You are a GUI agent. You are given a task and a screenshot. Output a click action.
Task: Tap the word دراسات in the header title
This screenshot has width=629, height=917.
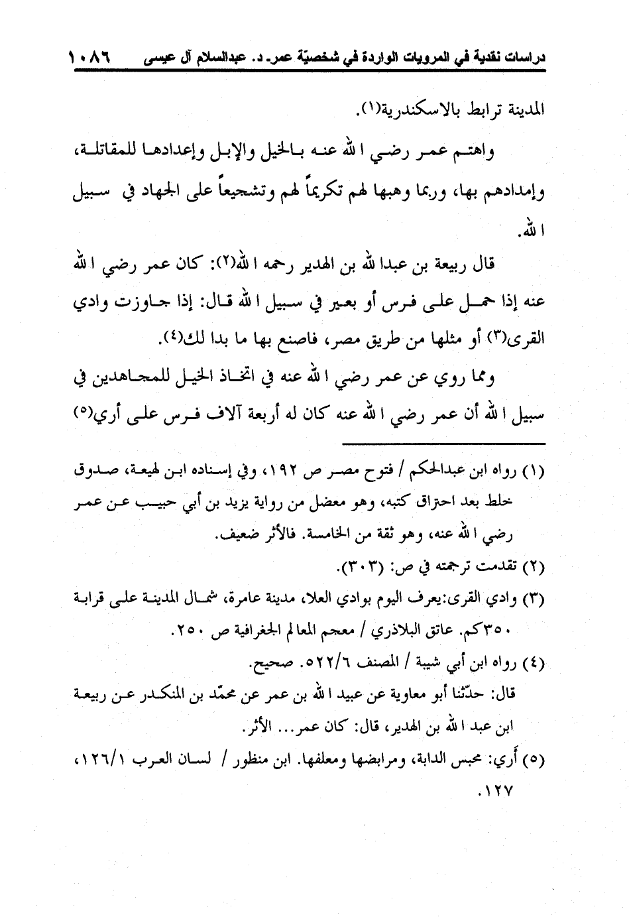[x=523, y=58]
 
